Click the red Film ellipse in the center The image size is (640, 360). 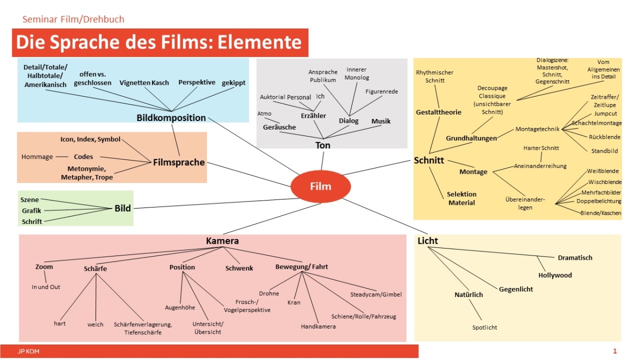pyautogui.click(x=320, y=186)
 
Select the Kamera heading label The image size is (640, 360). pyautogui.click(x=222, y=241)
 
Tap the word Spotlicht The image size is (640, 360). pyautogui.click(x=484, y=327)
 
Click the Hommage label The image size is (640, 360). pyautogui.click(x=37, y=157)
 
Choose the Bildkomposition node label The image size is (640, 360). pyautogui.click(x=171, y=118)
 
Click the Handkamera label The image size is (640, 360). pyautogui.click(x=318, y=326)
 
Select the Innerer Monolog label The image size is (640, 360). pyautogui.click(x=356, y=74)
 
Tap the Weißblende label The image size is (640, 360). pyautogui.click(x=602, y=172)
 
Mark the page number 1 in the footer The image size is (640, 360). pyautogui.click(x=615, y=351)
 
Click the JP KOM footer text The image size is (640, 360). pyautogui.click(x=28, y=351)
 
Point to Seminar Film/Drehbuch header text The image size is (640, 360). pyautogui.click(x=74, y=20)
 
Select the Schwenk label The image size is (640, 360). pyautogui.click(x=239, y=268)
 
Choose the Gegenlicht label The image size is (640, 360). pyautogui.click(x=516, y=289)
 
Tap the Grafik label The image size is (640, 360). pyautogui.click(x=31, y=211)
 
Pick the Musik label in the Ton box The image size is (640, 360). pyautogui.click(x=381, y=122)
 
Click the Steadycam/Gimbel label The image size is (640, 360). pyautogui.click(x=376, y=294)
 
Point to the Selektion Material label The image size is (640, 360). pyautogui.click(x=461, y=198)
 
